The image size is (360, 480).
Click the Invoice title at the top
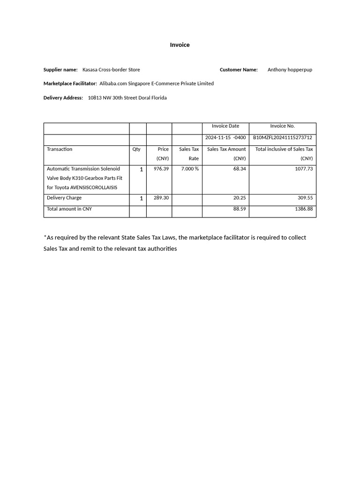[180, 45]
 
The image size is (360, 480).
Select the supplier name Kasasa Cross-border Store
[111, 70]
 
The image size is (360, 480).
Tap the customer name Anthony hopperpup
[290, 70]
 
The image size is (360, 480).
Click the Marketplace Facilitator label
[70, 83]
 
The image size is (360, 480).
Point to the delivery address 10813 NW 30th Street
[127, 98]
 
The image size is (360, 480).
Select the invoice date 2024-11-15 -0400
[225, 138]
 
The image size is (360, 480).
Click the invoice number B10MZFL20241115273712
[282, 138]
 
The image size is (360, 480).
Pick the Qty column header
[136, 149]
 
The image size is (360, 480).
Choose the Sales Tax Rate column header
[189, 154]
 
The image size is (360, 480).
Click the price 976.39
[161, 169]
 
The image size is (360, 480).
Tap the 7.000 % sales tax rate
[190, 169]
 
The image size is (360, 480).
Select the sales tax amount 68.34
[240, 169]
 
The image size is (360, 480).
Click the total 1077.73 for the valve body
[304, 169]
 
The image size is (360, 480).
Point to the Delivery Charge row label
[64, 198]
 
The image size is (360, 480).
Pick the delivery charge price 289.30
[161, 198]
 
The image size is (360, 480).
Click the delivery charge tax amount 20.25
[240, 198]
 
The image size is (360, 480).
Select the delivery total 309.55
[305, 198]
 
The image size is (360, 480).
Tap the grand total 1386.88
[304, 209]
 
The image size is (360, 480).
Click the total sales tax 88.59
[240, 209]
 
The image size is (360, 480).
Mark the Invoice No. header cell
[282, 126]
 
